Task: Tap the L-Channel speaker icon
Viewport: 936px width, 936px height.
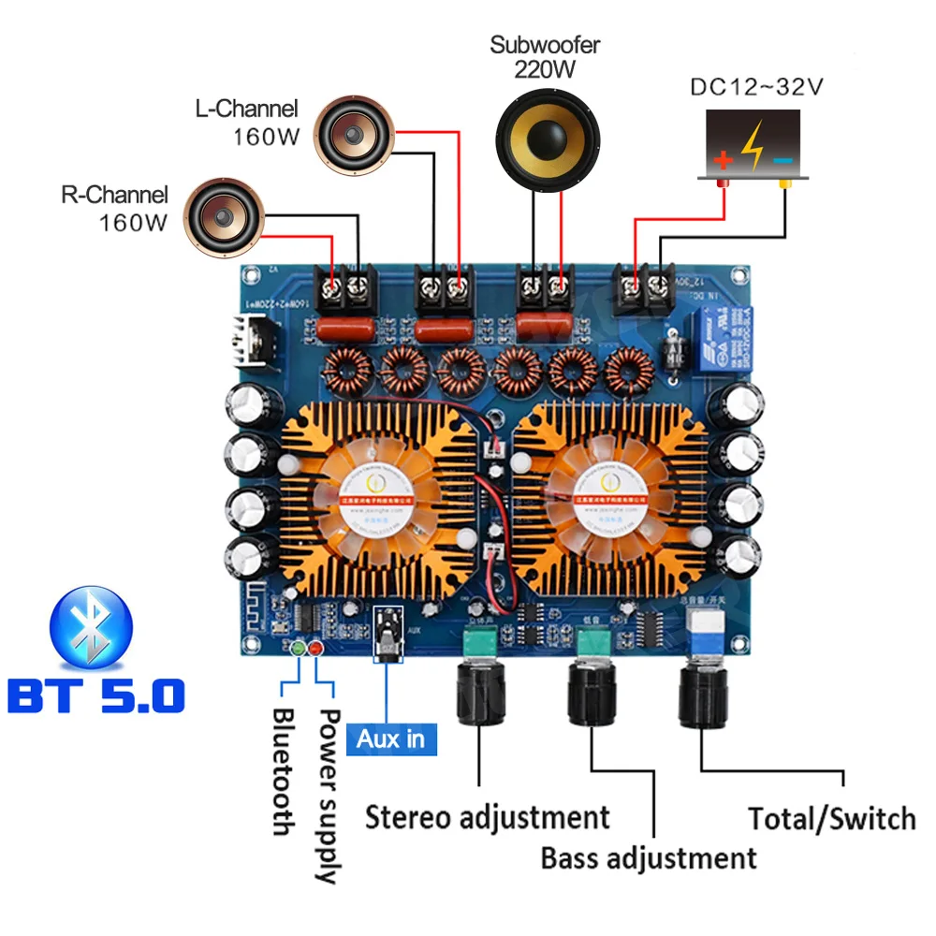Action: point(354,139)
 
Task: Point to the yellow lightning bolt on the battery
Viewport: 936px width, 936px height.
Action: point(752,145)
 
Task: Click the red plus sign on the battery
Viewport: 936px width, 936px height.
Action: point(722,160)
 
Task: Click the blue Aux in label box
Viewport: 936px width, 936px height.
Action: point(391,739)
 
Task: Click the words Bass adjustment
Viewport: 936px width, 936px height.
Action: point(649,857)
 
